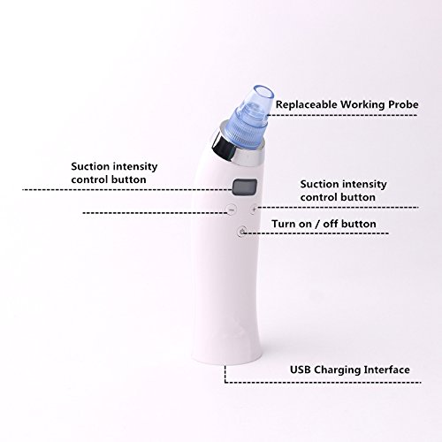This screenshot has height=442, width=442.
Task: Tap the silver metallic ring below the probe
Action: [236, 149]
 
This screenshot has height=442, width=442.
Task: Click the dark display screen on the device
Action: [245, 187]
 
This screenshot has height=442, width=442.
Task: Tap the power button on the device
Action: [242, 232]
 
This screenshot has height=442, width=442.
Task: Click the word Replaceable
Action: [307, 104]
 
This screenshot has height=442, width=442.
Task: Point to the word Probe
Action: [403, 105]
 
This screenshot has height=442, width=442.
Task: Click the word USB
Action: [301, 370]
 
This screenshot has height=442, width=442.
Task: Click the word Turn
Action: [283, 224]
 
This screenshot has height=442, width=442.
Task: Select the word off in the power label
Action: [328, 224]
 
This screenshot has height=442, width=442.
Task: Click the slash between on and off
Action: [316, 224]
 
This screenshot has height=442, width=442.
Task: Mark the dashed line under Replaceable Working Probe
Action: [342, 115]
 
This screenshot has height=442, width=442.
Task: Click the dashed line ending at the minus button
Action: [156, 212]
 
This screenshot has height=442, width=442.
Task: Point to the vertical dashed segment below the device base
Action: [225, 374]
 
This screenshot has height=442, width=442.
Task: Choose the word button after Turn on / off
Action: [357, 224]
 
